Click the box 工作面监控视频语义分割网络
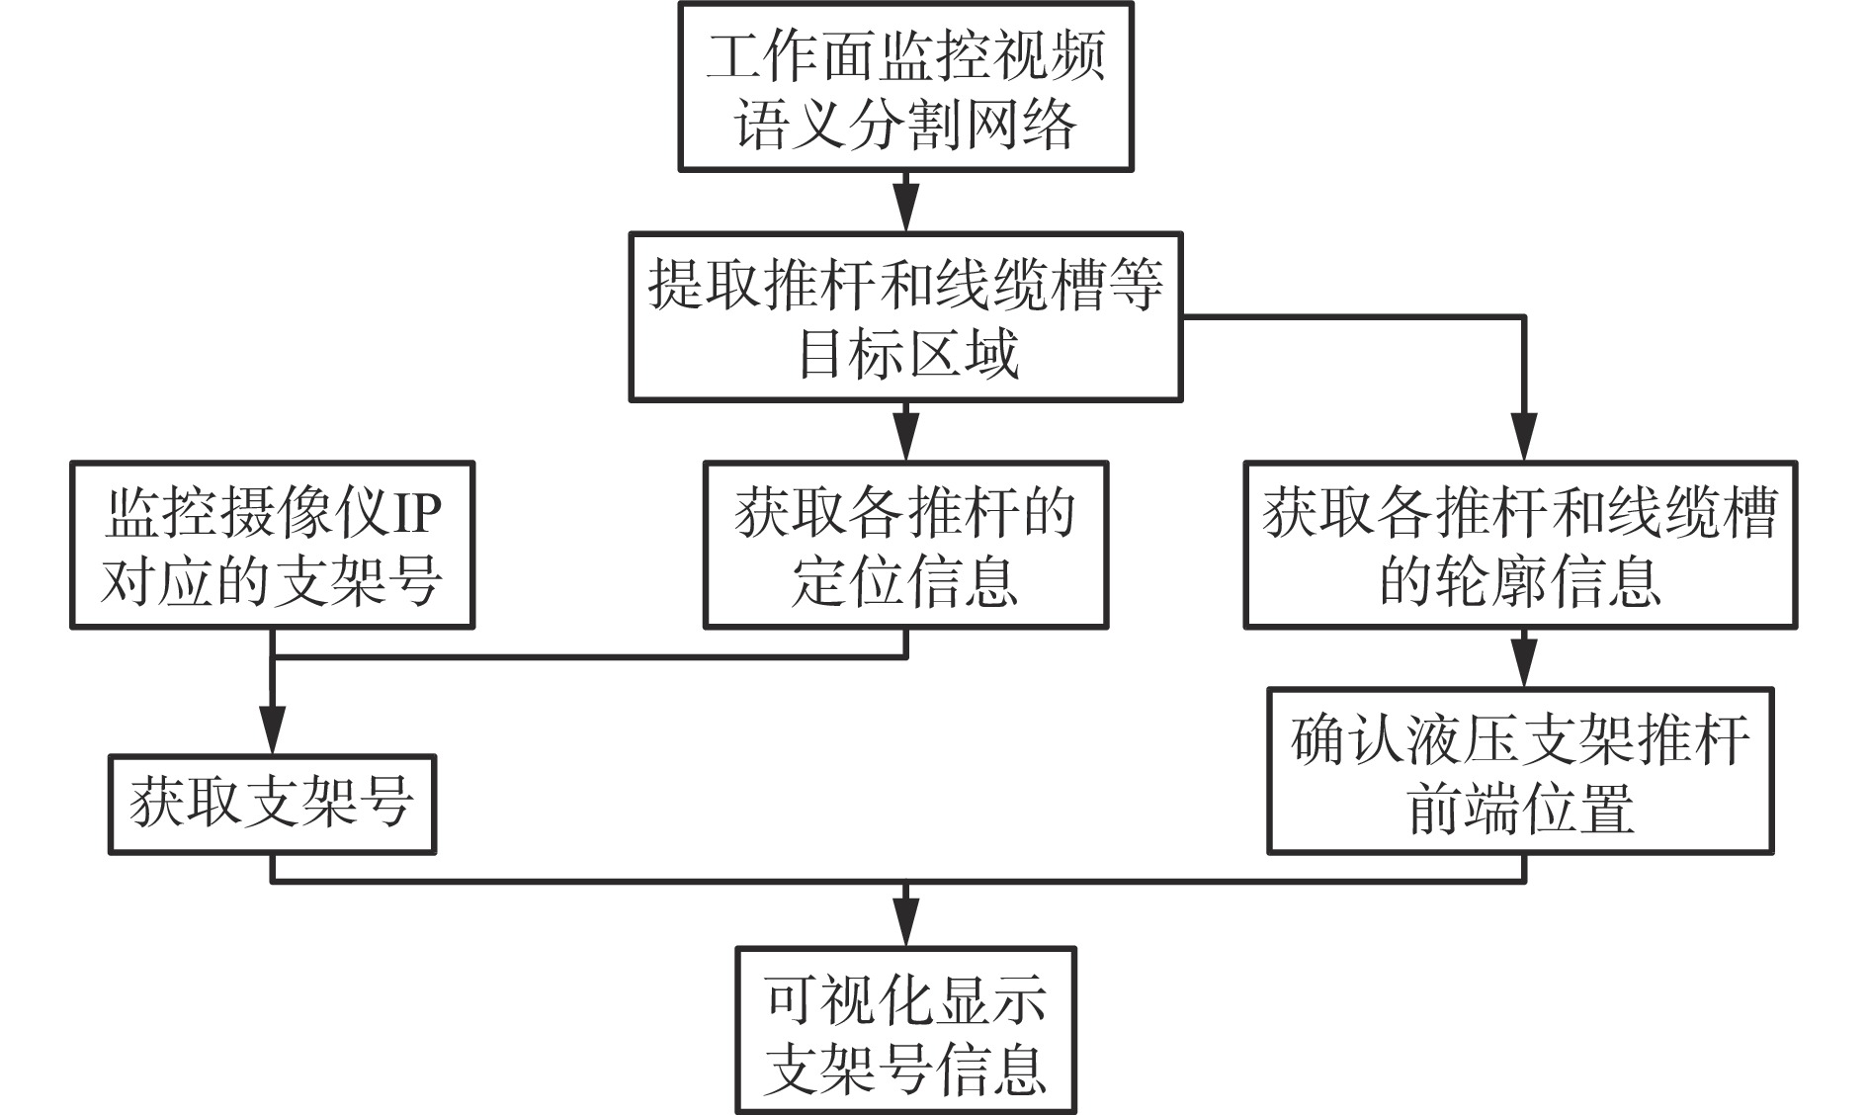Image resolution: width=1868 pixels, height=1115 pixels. point(905,87)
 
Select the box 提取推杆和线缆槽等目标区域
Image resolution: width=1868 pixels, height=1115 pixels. point(905,317)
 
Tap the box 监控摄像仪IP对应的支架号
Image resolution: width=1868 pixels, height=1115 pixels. point(272,545)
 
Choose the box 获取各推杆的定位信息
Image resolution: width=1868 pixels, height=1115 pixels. point(905,545)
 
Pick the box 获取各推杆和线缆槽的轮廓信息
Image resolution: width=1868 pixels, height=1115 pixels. point(1520,545)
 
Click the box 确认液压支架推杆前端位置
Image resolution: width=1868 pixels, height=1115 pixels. point(1520,771)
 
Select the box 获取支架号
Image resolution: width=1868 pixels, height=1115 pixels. point(272,805)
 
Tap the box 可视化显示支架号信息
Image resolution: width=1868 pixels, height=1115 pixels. point(905,1031)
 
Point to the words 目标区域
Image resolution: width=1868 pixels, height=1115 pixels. point(907,355)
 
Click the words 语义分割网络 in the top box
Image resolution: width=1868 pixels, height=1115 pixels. point(905,126)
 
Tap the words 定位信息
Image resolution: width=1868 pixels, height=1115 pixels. point(905,582)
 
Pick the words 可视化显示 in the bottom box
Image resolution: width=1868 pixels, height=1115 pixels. point(905,999)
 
